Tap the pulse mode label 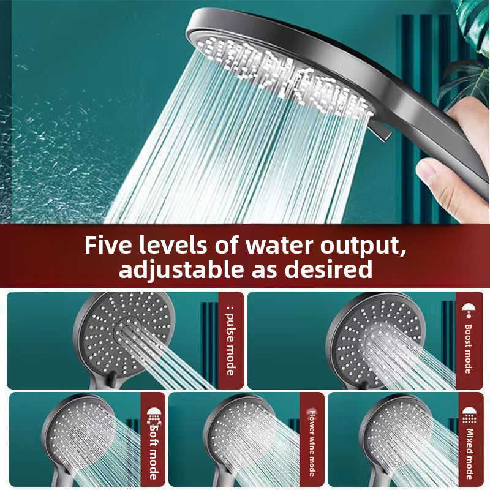(x=230, y=343)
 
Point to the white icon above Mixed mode (x=469, y=414)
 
